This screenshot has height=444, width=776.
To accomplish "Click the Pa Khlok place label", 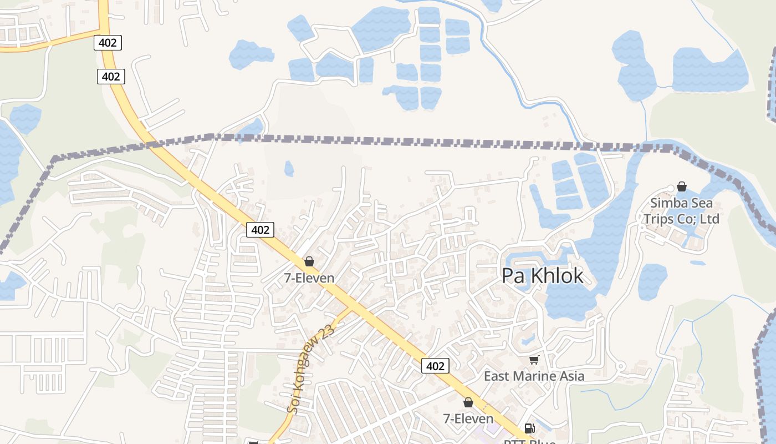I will [x=542, y=276].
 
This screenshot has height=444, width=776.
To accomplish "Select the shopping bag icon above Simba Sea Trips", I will [x=682, y=186].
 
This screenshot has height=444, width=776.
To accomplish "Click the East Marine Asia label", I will [x=534, y=376].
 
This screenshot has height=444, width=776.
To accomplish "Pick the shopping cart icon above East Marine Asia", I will [x=534, y=360].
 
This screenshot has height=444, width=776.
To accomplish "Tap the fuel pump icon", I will [x=529, y=428].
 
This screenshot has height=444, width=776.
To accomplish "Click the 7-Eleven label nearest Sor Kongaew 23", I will [x=309, y=278].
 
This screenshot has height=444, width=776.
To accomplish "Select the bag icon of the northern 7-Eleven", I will [x=309, y=261].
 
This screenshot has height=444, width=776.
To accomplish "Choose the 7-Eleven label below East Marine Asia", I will [x=468, y=418].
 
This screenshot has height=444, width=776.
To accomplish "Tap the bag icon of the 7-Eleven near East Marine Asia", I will [x=468, y=402].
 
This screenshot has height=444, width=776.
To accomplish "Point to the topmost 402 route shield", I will [x=108, y=42].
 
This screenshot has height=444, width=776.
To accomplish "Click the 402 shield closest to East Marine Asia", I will [x=435, y=366].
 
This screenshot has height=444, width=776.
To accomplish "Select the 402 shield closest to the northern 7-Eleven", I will [x=260, y=230].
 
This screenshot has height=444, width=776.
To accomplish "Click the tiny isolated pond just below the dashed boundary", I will [x=289, y=168].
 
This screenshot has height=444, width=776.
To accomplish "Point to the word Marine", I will [x=534, y=376].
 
